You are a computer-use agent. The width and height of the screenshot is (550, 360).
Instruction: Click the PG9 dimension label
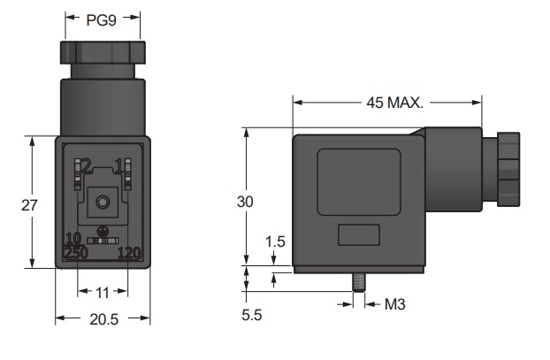102,20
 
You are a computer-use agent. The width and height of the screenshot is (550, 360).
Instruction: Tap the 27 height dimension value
29,205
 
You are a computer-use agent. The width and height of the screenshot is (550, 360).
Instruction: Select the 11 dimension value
103,293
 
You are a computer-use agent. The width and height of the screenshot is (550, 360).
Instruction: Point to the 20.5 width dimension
103,319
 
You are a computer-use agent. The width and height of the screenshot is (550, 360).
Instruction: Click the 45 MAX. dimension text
395,103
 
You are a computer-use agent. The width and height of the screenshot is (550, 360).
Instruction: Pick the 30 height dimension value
245,202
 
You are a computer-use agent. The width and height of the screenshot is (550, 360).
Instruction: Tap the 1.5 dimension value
275,241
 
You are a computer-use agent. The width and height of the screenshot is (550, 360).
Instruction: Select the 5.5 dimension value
251,315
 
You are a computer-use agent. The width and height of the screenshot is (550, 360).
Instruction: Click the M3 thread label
395,304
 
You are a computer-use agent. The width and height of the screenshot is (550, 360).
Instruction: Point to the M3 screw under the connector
358,282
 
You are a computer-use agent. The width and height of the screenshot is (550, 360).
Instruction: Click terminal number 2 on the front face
87,165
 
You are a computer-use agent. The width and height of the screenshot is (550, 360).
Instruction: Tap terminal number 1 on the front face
119,165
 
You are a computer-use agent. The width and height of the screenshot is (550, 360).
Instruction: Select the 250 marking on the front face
76,253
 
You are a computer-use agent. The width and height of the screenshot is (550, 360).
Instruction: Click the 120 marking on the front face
129,253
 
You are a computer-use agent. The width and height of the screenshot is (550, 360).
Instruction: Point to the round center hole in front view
103,203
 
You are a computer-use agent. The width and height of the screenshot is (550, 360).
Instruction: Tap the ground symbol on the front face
103,231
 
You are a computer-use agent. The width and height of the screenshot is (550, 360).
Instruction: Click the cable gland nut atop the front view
103,53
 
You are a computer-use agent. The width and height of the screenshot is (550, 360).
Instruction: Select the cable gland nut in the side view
508,169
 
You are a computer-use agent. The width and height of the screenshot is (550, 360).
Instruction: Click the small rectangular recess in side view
359,235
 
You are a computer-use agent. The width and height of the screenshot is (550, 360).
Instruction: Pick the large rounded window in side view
359,182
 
